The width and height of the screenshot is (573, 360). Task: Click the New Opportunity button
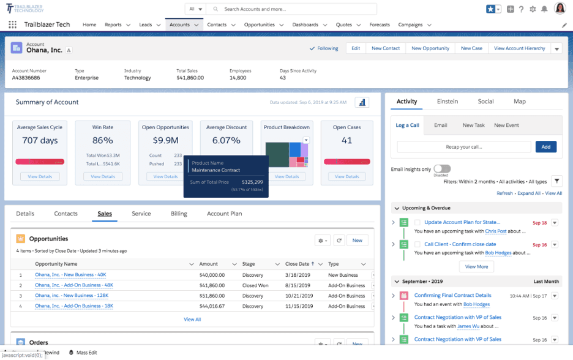tap(430, 48)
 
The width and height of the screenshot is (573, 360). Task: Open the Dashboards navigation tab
tap(305, 25)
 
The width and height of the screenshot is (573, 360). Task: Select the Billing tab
tap(179, 214)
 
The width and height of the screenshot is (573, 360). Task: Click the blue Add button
tap(545, 147)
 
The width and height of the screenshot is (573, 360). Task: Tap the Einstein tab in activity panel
tap(447, 102)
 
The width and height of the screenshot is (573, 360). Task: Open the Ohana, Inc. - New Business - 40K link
tap(70, 275)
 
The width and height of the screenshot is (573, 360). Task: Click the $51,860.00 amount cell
tap(212, 295)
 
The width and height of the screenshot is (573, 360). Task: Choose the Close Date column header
tap(297, 264)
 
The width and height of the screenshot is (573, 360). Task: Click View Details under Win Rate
tap(103, 176)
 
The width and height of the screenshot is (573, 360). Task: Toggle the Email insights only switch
tap(441, 169)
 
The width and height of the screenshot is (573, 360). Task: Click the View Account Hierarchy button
tap(519, 48)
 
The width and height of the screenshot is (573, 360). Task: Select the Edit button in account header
tap(356, 48)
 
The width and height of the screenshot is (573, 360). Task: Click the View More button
tap(476, 266)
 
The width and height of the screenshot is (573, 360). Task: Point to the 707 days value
tap(40, 140)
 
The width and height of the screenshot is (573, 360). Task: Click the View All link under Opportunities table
tap(192, 319)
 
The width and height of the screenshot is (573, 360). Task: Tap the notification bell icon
tap(544, 9)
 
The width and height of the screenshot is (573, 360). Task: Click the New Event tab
tap(506, 125)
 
